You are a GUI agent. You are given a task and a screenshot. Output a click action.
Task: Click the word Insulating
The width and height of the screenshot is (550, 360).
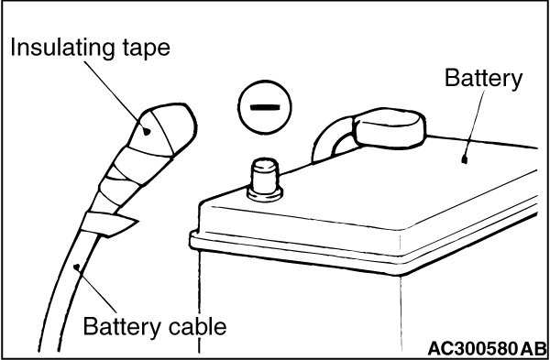[62, 48]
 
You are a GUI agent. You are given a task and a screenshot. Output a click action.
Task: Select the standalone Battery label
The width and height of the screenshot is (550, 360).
[484, 79]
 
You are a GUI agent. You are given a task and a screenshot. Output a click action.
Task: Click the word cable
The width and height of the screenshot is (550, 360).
[197, 326]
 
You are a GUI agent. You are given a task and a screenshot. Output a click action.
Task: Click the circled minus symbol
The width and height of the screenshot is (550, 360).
[265, 107]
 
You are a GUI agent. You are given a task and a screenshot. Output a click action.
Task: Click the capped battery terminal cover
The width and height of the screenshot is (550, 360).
[390, 128]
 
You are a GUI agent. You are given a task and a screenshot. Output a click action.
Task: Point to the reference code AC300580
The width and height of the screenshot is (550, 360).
[472, 349]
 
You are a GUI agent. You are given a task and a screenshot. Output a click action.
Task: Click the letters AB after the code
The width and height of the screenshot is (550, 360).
[533, 349]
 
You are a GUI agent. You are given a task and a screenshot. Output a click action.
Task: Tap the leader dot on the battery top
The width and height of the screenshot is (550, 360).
[465, 160]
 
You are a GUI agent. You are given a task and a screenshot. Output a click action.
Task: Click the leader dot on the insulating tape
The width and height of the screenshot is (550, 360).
[147, 132]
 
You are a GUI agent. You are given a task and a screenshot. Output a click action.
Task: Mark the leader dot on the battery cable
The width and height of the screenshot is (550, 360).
[77, 267]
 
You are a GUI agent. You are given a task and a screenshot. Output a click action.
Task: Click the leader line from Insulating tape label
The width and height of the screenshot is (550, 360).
[115, 95]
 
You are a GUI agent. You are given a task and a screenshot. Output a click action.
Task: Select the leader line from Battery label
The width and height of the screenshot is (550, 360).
[474, 125]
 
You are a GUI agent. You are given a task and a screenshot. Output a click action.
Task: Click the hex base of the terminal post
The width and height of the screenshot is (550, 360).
[265, 194]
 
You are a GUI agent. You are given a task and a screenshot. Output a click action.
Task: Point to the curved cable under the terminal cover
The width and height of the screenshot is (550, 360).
[333, 140]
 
